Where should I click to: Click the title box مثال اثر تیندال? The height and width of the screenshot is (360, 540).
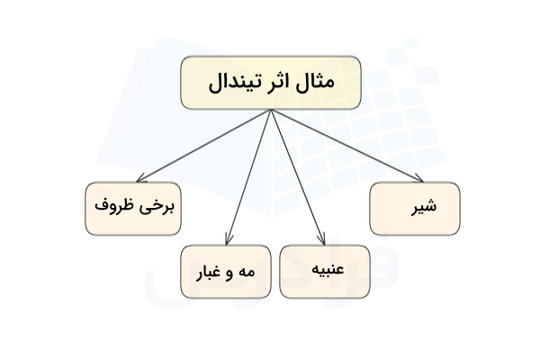coord(270,83)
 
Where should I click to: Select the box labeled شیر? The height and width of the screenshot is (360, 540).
coord(414,209)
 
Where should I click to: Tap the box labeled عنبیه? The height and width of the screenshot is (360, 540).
coord(325,271)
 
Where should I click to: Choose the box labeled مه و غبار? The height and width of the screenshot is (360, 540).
coord(225,271)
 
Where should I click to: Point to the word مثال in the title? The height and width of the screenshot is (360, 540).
coord(315,84)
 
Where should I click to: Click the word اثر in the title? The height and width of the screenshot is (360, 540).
coord(279,84)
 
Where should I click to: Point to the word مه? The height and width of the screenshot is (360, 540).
coord(248,271)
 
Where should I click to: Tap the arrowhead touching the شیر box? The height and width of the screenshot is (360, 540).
coord(418,179)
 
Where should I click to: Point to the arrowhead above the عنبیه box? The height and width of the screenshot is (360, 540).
coord(321,240)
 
